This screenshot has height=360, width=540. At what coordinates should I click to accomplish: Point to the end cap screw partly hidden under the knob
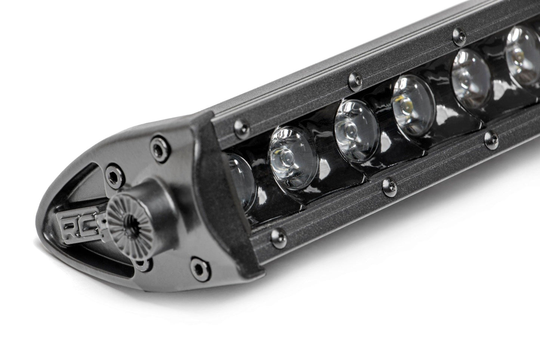(x=142, y=264)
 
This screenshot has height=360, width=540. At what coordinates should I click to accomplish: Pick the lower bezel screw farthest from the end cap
(x=489, y=138)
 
